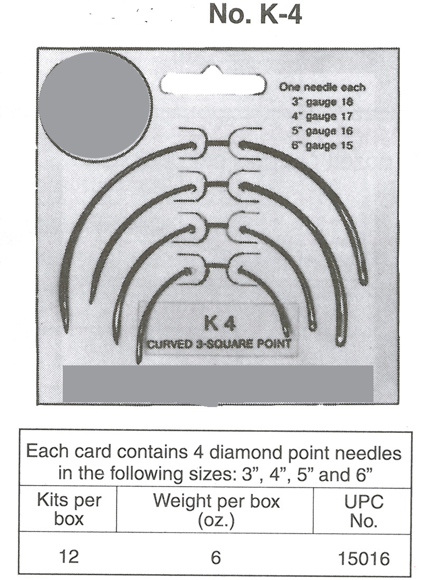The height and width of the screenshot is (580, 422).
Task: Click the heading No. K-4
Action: [x=255, y=14]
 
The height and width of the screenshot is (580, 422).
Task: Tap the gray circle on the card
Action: [x=95, y=105]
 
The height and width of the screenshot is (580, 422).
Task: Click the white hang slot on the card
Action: [x=213, y=84]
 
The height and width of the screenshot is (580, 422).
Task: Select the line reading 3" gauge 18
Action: [x=322, y=102]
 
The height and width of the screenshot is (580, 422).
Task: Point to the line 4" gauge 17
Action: [x=322, y=116]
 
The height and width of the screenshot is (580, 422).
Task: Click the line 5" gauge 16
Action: [x=322, y=131]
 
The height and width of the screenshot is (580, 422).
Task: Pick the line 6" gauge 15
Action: [x=322, y=145]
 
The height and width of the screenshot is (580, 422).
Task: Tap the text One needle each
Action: [x=322, y=88]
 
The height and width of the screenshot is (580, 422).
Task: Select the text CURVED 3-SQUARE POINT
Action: [x=219, y=344]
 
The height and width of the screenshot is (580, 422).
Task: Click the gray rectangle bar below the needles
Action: [x=218, y=383]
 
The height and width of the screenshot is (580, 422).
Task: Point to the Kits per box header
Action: [x=69, y=509]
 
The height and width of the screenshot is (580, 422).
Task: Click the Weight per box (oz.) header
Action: [x=216, y=511]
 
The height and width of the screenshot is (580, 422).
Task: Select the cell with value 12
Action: [x=69, y=556]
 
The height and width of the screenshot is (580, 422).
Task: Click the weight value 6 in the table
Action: [x=216, y=557]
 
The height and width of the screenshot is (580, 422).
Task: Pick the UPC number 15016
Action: [x=364, y=558]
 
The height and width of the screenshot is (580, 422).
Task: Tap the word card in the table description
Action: [x=92, y=451]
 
